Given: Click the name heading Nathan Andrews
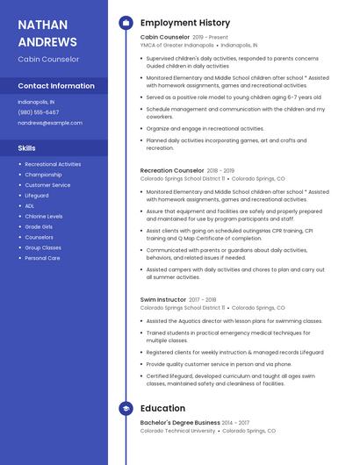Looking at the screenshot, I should click(x=47, y=32).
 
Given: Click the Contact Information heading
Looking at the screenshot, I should click(x=56, y=86).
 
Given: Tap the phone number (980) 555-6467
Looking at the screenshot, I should click(x=39, y=112).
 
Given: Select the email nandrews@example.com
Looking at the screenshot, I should click(x=43, y=123).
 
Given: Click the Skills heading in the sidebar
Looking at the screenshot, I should click(x=26, y=147).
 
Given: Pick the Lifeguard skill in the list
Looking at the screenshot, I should click(x=37, y=196).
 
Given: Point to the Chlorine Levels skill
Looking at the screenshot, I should click(x=44, y=216).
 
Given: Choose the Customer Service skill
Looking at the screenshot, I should click(x=47, y=185).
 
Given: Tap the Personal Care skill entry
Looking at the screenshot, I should click(x=42, y=258).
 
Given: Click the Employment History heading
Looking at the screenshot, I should click(x=184, y=23).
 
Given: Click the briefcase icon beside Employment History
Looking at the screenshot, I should click(x=126, y=23).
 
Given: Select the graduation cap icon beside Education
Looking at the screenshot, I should click(x=126, y=408).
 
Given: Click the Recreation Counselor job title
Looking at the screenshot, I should click(x=172, y=170).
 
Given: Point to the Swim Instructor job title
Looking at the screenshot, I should click(x=163, y=300).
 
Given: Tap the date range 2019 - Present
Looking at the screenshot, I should click(x=210, y=38).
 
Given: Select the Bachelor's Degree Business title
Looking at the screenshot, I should click(x=180, y=423).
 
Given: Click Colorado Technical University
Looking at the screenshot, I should click(x=177, y=431).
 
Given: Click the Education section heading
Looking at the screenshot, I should click(x=162, y=408).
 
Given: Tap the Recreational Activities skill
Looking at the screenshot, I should click(x=53, y=164).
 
